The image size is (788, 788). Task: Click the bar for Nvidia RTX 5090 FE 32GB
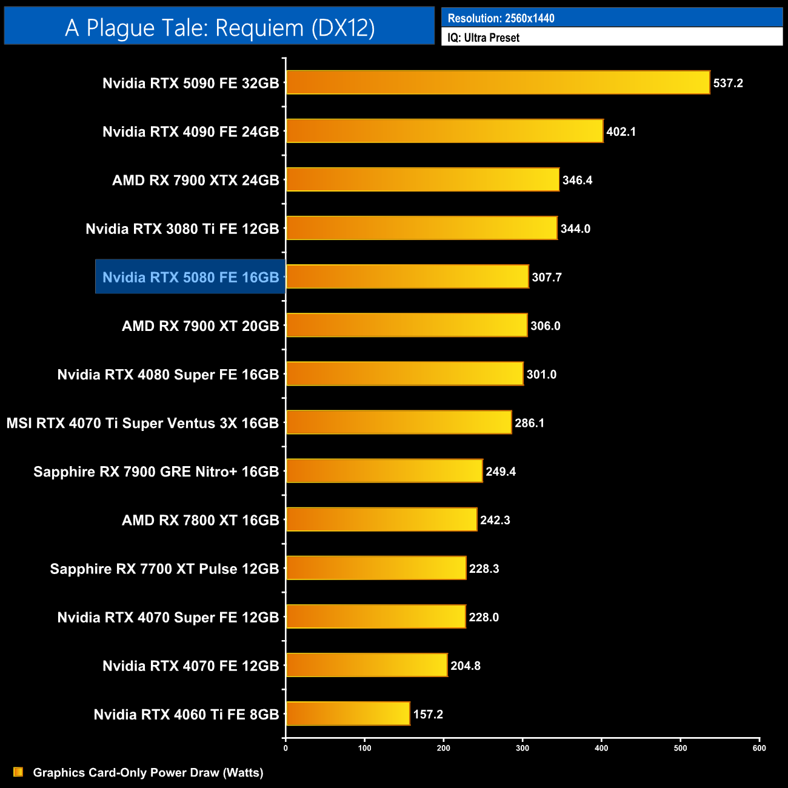[497, 82]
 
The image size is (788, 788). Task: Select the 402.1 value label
[621, 132]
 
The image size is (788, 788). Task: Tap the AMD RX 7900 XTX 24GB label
[195, 180]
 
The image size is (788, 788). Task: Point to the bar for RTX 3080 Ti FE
[421, 228]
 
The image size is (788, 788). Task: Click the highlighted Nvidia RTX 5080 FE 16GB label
[190, 277]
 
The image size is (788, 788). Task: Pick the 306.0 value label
[545, 326]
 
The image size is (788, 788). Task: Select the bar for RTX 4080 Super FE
[404, 373]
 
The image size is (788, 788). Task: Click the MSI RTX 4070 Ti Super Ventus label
[142, 423]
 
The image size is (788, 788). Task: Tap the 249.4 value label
[500, 472]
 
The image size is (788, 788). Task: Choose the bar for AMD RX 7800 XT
[381, 519]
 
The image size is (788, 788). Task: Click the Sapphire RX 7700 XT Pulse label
[164, 569]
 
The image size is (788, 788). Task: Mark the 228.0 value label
[483, 617]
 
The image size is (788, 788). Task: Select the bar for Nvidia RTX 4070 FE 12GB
[367, 665]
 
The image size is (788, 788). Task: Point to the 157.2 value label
[428, 714]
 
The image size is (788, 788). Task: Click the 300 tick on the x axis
[523, 748]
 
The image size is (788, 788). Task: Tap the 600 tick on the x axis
[759, 748]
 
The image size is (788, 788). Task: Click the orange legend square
[18, 772]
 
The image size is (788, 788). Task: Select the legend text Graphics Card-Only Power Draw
[148, 772]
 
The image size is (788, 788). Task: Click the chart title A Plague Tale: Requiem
[219, 28]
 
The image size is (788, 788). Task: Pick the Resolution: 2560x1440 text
[501, 18]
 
